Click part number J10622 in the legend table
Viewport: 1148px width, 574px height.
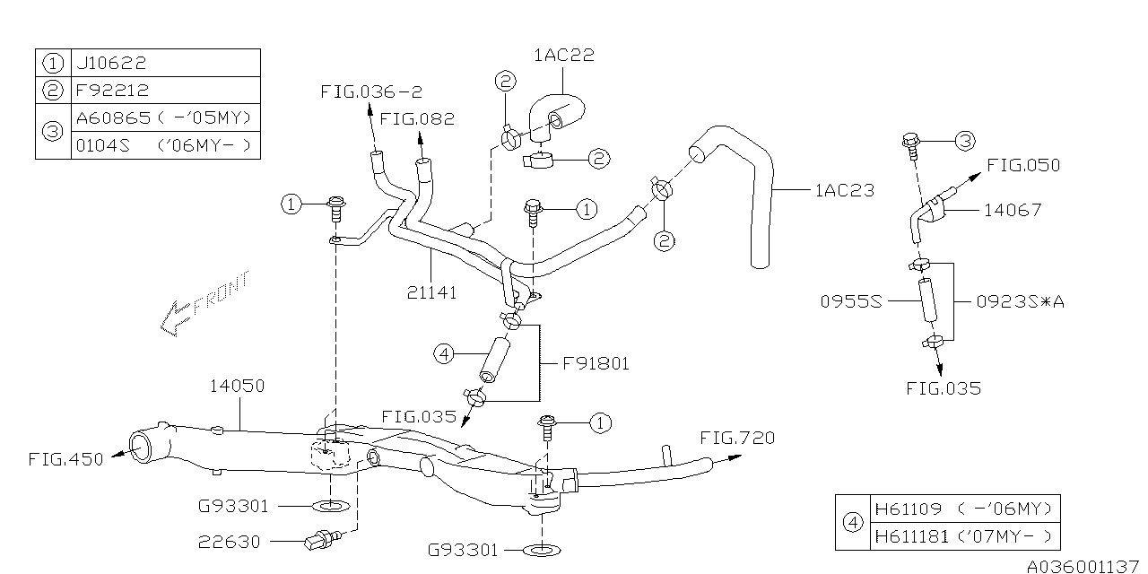(112, 63)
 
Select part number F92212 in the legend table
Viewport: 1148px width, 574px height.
(112, 90)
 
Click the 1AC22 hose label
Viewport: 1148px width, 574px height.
(564, 56)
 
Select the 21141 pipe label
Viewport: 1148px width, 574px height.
(430, 292)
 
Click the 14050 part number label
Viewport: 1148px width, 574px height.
(237, 386)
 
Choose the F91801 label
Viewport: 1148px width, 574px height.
(596, 363)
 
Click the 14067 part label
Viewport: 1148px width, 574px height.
(1013, 210)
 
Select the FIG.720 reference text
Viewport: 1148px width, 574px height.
(737, 438)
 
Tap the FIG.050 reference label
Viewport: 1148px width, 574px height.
(1022, 165)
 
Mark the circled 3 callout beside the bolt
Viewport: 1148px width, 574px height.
(963, 140)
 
